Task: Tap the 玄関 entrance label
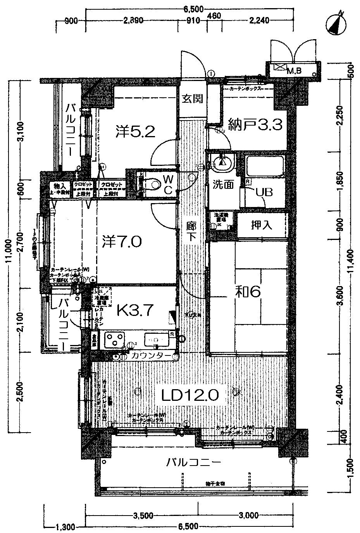pos(193,99)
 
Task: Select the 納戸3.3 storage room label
pos(255,125)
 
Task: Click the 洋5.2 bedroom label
pos(136,132)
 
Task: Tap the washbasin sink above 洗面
pos(222,163)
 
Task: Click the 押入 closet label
pos(262,225)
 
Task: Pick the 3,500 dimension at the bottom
pos(143,516)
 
